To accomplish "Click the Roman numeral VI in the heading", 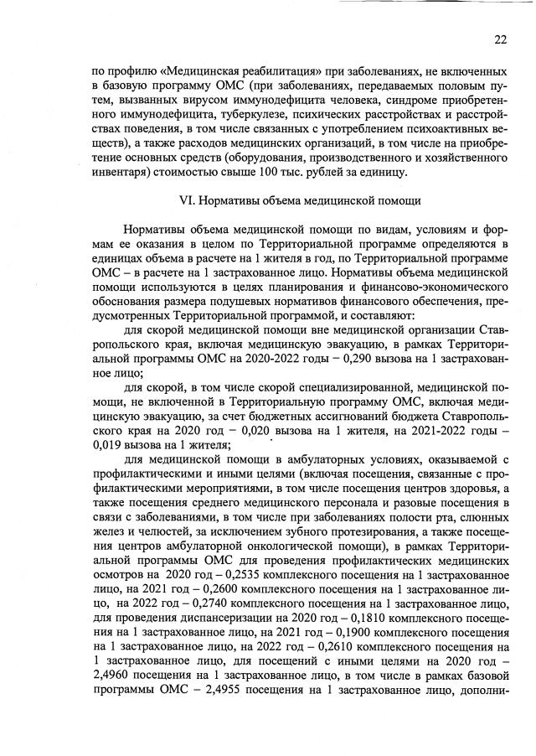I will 189,201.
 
